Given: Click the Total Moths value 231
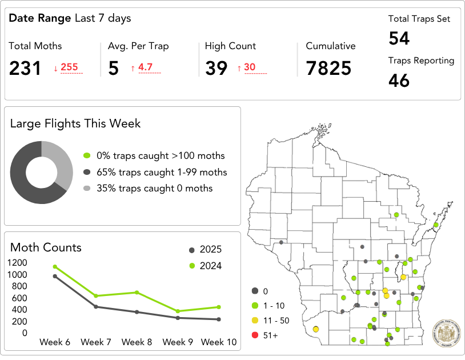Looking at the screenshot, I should (25, 69).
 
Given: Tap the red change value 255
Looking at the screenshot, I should (69, 67).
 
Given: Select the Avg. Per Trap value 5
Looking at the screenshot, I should (113, 69).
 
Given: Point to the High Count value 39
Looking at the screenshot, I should (217, 69).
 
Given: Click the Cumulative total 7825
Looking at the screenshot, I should (328, 69).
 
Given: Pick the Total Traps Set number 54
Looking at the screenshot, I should (399, 38).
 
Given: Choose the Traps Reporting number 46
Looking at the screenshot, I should (399, 81).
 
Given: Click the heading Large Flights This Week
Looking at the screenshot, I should (75, 123).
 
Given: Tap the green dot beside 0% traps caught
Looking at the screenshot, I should (87, 155).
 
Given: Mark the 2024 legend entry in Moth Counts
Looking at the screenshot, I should (205, 266).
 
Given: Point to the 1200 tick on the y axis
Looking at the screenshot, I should (17, 262).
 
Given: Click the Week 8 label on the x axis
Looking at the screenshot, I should (137, 342).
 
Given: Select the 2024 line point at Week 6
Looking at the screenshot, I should (55, 266).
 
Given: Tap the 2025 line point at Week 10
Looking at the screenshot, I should (219, 319).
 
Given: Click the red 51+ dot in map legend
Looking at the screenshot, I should (255, 335).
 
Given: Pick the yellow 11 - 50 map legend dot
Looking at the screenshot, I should (255, 321).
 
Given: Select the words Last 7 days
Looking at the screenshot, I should (103, 18).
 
